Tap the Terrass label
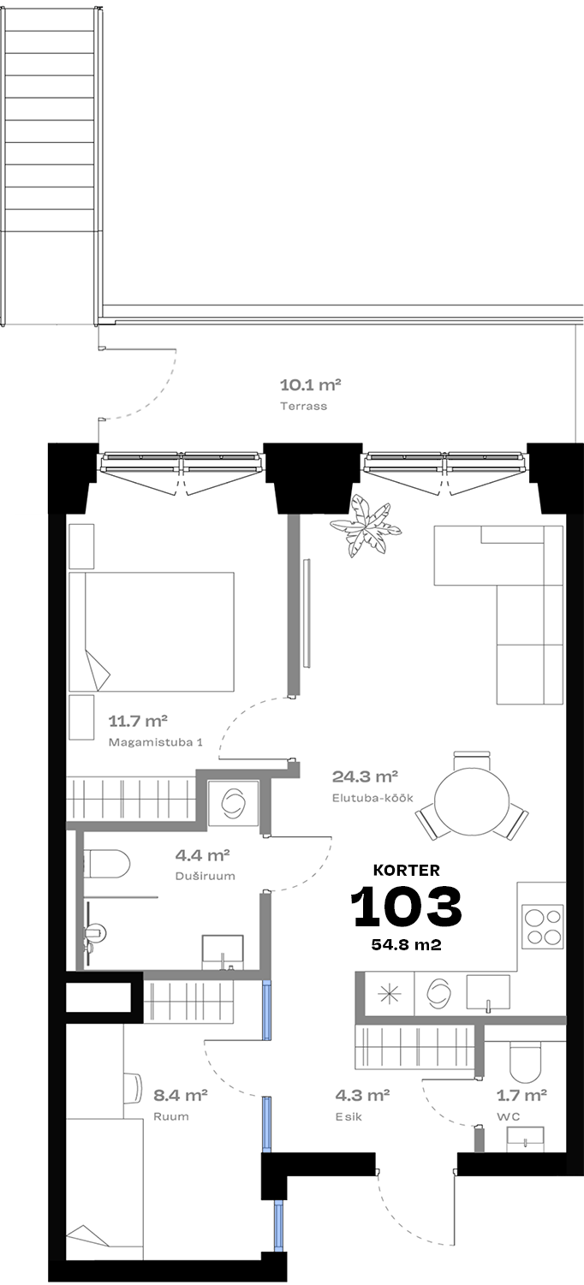(x=303, y=406)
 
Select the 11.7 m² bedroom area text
(x=138, y=721)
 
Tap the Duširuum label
(x=205, y=876)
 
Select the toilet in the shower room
(x=107, y=863)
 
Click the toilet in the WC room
(x=524, y=1060)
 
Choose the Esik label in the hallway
(x=349, y=1117)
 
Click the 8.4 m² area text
(x=180, y=1095)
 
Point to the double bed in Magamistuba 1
(x=152, y=631)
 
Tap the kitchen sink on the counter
(x=487, y=992)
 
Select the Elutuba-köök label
(x=372, y=798)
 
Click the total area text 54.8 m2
(x=406, y=944)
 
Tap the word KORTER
(x=406, y=871)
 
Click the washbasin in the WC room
(x=526, y=1138)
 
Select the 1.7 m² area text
(x=521, y=1095)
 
